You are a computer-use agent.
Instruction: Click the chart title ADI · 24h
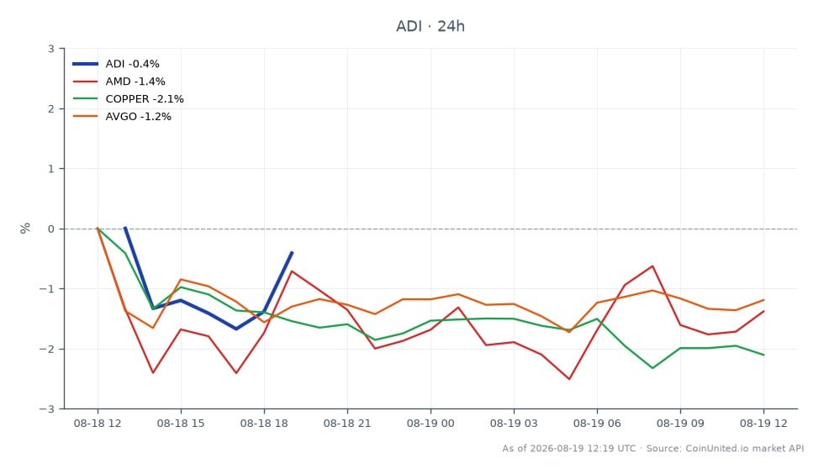point(430,26)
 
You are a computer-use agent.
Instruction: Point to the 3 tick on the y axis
point(51,49)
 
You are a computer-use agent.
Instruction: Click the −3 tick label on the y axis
point(47,408)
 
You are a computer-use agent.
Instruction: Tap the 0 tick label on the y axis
point(51,229)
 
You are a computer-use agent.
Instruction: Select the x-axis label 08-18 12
point(98,424)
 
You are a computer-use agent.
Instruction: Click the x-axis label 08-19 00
point(430,424)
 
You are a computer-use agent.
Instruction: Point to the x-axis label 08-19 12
point(763,424)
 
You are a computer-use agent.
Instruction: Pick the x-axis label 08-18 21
point(346,424)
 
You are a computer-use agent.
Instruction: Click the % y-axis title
point(24,228)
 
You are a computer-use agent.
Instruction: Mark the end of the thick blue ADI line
point(293,252)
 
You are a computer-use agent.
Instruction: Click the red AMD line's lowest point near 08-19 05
point(569,379)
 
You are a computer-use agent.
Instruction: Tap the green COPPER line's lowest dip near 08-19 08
point(652,368)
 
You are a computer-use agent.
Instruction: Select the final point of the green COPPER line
point(763,355)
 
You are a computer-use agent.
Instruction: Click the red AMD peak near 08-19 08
point(652,266)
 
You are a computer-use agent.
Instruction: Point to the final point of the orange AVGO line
point(763,300)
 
